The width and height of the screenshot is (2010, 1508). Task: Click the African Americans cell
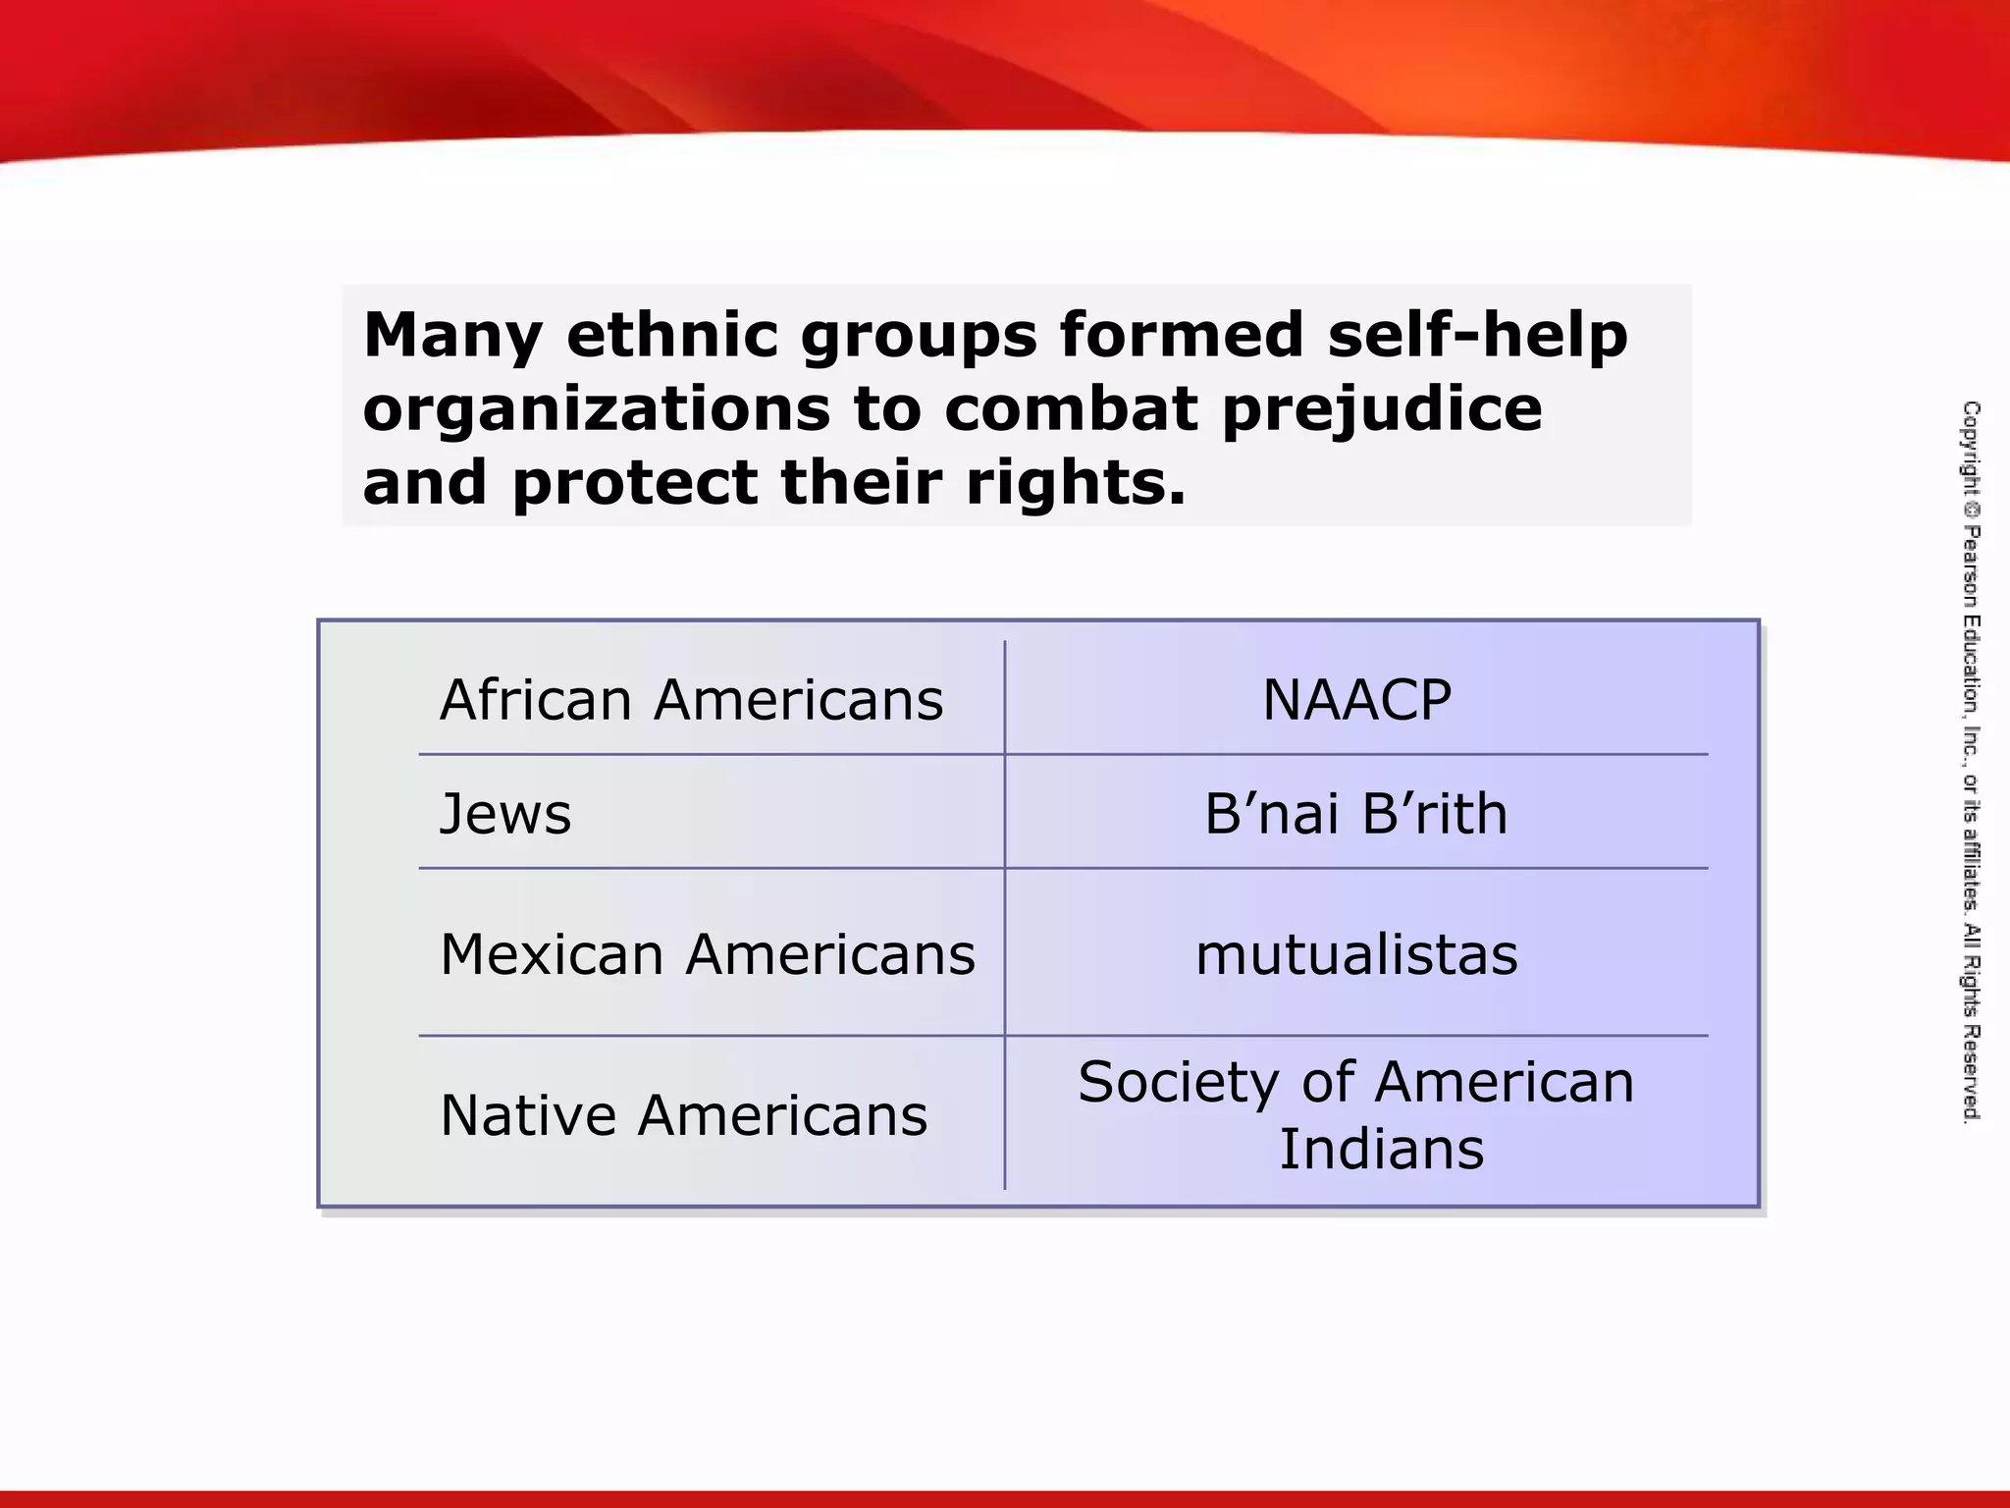[x=691, y=700]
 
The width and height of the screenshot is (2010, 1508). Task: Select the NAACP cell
[x=1356, y=700]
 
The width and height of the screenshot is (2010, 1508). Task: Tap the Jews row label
[x=505, y=814]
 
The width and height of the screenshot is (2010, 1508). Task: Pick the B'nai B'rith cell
[x=1356, y=814]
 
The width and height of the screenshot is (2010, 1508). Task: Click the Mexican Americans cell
[x=708, y=954]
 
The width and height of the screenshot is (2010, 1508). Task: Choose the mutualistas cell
[x=1356, y=954]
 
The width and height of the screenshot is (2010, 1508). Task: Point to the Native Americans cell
[x=684, y=1115]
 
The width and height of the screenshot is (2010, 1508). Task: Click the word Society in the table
[x=1178, y=1083]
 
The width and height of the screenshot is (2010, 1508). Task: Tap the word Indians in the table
[x=1381, y=1150]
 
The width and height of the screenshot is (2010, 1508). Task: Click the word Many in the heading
[x=452, y=336]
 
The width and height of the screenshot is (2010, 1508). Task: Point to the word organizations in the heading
[x=597, y=409]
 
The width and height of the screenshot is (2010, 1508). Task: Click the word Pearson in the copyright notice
[x=1971, y=568]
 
